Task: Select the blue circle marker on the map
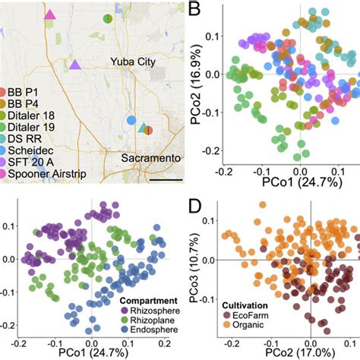tap(131, 120)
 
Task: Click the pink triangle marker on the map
tap(50, 14)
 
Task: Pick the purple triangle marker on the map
tap(75, 65)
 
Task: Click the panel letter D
tap(195, 204)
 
